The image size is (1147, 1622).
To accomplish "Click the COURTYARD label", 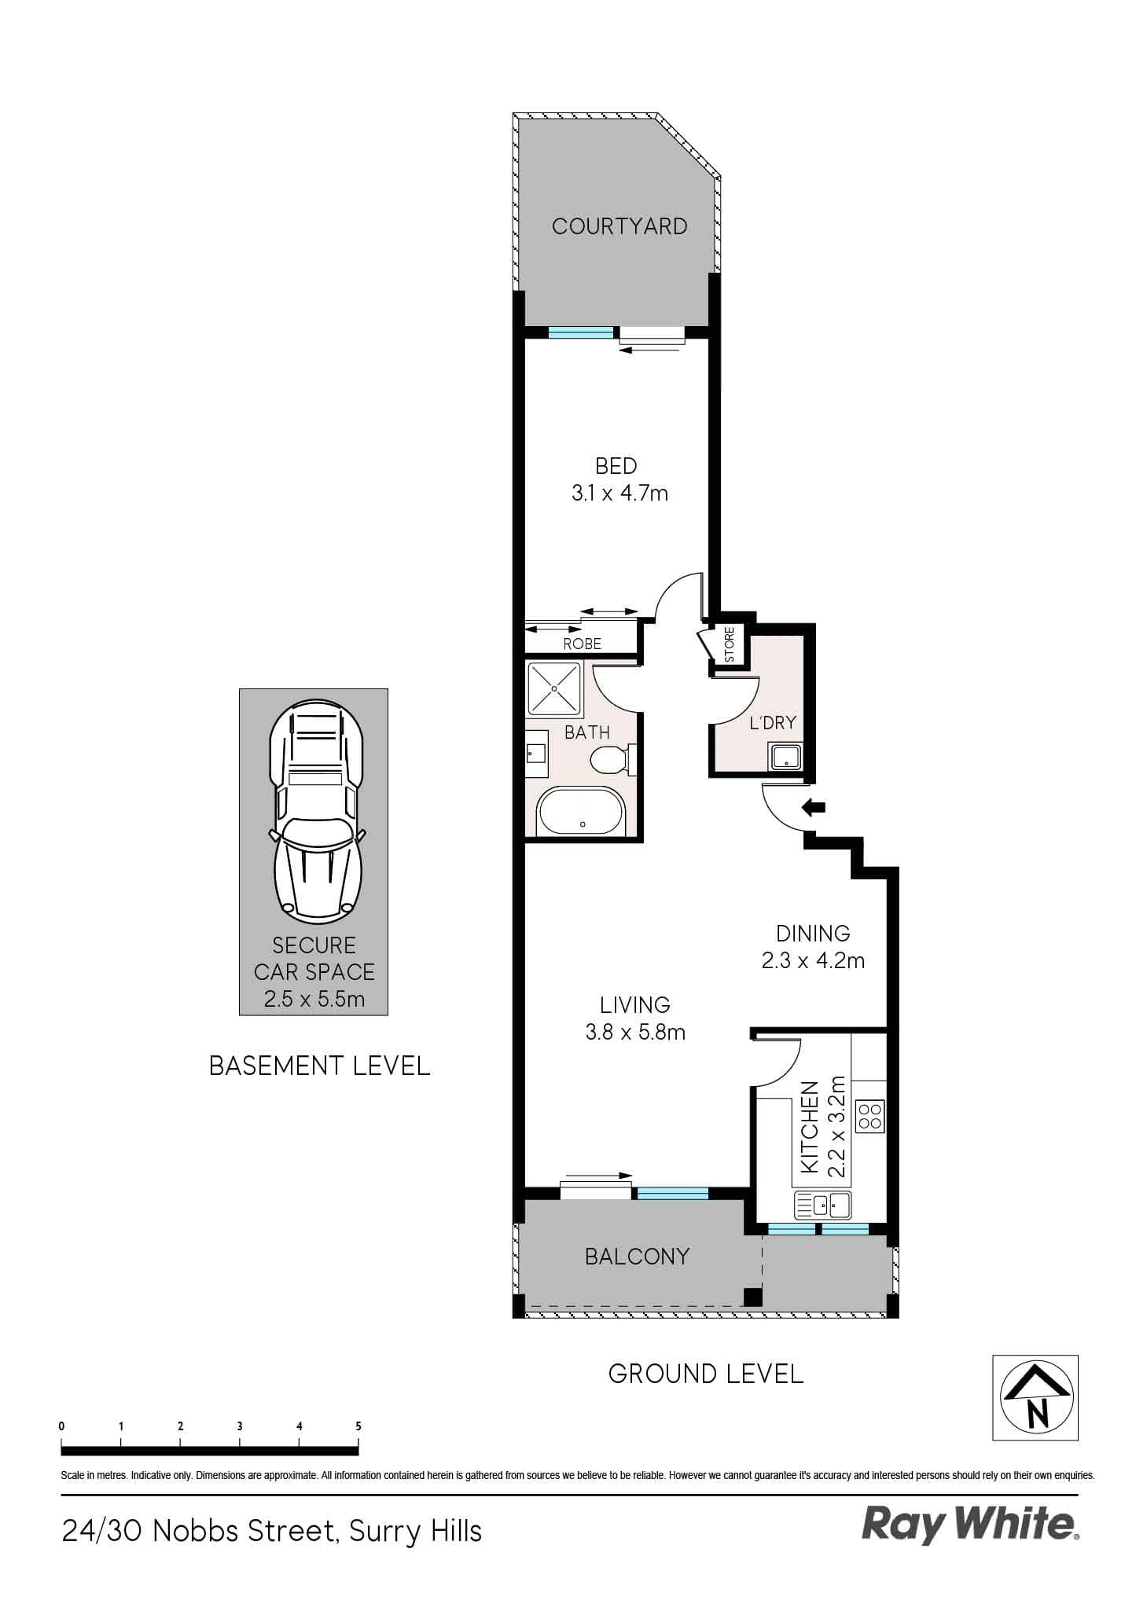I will pyautogui.click(x=619, y=226).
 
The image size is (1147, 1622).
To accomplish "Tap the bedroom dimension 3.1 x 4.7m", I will pyautogui.click(x=619, y=494).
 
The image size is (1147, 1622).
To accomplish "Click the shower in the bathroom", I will pyautogui.click(x=554, y=687).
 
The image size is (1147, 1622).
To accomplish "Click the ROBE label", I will pyautogui.click(x=583, y=644).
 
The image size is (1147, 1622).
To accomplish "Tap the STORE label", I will pyautogui.click(x=729, y=644).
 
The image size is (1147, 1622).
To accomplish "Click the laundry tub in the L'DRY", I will pyautogui.click(x=785, y=758).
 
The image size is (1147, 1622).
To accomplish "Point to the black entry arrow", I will pyautogui.click(x=813, y=807).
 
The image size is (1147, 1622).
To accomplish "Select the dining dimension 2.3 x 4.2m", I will pyautogui.click(x=813, y=960).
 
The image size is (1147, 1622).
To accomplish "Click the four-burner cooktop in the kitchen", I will pyautogui.click(x=870, y=1116).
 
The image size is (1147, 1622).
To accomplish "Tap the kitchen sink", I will pyautogui.click(x=823, y=1204).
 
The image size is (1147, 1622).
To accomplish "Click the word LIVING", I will pyautogui.click(x=634, y=1005).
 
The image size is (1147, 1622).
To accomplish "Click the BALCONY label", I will pyautogui.click(x=637, y=1257).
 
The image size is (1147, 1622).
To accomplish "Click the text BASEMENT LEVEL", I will pyautogui.click(x=319, y=1066).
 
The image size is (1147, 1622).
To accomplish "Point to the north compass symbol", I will pyautogui.click(x=1035, y=1397).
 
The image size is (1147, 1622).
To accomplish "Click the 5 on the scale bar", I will pyautogui.click(x=358, y=1426).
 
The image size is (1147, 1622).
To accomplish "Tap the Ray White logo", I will pyautogui.click(x=970, y=1525).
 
